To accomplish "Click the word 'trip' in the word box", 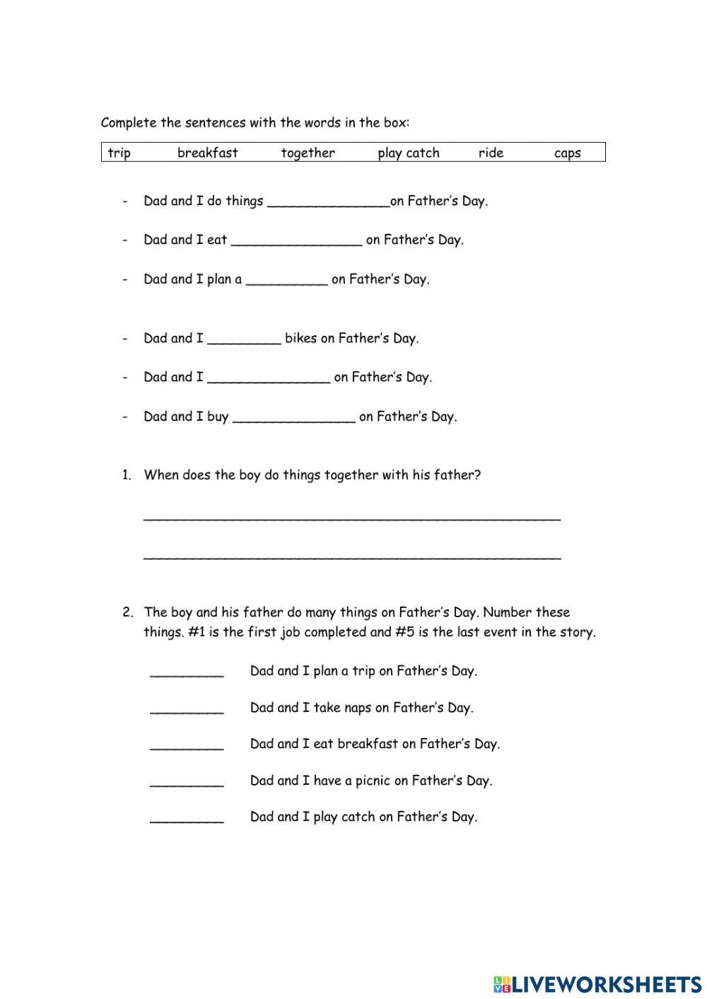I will (x=119, y=153).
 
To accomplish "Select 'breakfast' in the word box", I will (x=207, y=153).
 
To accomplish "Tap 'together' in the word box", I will (x=308, y=153).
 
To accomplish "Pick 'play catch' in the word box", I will (x=408, y=153).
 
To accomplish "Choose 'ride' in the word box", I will (x=491, y=153).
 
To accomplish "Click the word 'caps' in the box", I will (x=567, y=153).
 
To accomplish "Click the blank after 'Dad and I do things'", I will (x=329, y=202).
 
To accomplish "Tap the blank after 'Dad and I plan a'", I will (x=286, y=281).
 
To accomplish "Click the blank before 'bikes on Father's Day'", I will (x=244, y=339).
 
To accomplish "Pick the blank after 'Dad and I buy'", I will (x=293, y=418).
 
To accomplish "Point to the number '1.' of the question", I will (x=127, y=475).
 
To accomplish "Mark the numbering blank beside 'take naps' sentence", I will (x=187, y=708).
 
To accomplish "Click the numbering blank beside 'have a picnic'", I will (x=187, y=782).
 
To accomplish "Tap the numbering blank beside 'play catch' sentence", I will (x=187, y=818).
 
